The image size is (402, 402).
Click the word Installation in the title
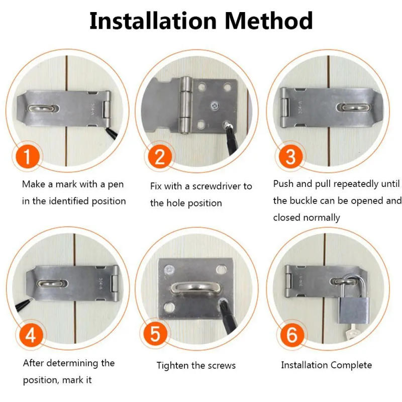(x=153, y=21)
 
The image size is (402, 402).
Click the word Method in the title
(x=269, y=21)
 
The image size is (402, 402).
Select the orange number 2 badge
(x=159, y=157)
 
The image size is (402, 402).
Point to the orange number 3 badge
(x=290, y=157)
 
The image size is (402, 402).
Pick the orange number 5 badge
(x=159, y=335)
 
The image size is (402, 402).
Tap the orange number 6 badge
(x=291, y=335)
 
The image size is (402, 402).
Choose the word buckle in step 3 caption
(x=304, y=201)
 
